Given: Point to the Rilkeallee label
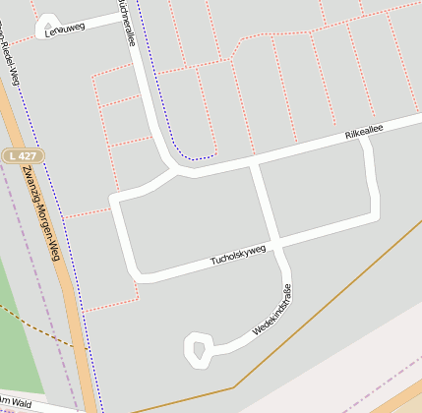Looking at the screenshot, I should [363, 132].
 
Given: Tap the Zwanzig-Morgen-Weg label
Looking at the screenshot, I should [40, 215].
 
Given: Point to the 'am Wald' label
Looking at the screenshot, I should [17, 403].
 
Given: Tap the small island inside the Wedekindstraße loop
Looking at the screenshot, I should [200, 349].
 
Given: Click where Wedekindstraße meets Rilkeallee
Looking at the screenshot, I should [255, 159].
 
